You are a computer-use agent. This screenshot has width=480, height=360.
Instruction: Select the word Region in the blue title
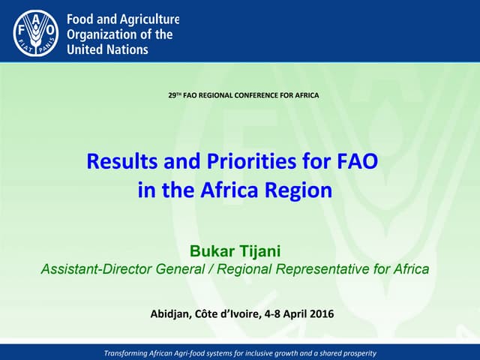[x=297, y=190]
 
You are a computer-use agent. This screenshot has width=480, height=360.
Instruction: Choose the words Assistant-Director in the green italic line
[x=104, y=270]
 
